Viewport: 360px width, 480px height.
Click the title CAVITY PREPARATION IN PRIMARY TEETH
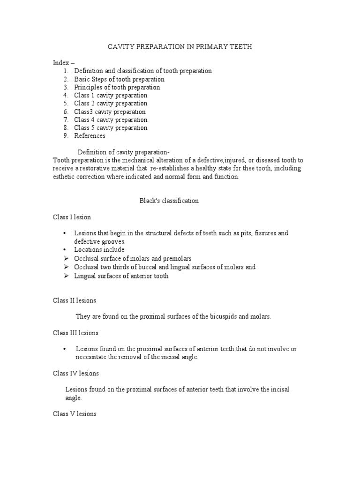180,47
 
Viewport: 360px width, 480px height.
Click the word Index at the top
60,63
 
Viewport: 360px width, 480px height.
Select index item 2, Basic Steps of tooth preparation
119,79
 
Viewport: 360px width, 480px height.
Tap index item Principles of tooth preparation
117,87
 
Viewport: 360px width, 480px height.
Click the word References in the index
90,136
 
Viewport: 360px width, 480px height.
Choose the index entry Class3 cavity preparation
110,112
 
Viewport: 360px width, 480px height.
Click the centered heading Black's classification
169,201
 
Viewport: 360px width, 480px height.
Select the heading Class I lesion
72,217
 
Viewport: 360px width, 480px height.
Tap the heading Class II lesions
75,300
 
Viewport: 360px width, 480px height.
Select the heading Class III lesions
75,333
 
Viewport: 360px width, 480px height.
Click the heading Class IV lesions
75,374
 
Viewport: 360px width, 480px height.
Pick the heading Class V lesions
75,414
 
